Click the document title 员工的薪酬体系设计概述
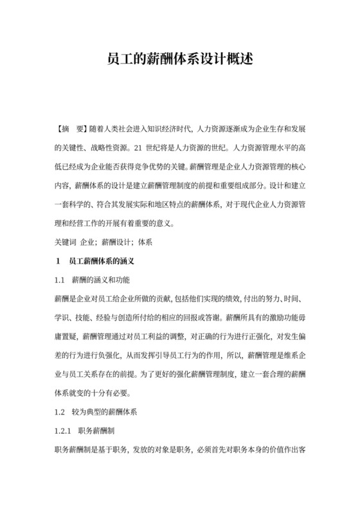tap(179, 60)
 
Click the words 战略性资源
tap(114, 146)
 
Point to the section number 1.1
tap(60, 281)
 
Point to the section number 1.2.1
tap(64, 429)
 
